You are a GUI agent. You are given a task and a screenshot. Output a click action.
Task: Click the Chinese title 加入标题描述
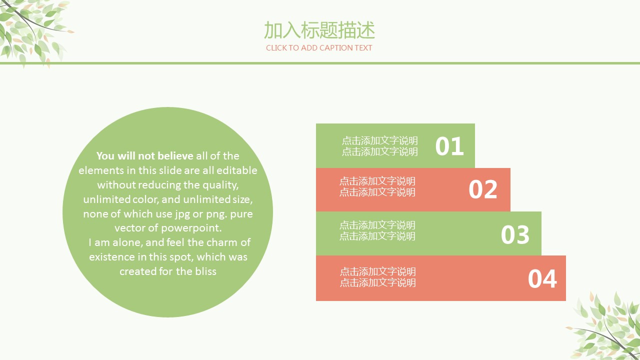coord(319,30)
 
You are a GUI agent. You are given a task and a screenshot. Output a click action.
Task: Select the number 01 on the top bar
coord(449,146)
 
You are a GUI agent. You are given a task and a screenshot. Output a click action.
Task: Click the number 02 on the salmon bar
coord(483,189)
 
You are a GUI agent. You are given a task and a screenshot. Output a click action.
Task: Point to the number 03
coord(515,234)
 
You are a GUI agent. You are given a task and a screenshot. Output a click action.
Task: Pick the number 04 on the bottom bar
coord(542,278)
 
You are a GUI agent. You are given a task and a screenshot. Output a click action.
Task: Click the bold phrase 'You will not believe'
coord(145,155)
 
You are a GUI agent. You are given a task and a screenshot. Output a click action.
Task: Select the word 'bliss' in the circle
coord(205,271)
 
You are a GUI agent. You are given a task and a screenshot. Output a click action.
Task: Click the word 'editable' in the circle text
coord(237,170)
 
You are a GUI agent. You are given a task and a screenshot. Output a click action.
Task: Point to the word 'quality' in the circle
coord(220,185)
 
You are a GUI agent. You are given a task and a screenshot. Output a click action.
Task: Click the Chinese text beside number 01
coord(379,146)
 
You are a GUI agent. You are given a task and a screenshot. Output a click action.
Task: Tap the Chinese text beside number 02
coord(377,186)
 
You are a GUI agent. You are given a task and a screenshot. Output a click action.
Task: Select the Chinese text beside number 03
coord(377,230)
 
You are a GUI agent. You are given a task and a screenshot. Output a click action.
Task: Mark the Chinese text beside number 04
coord(377,277)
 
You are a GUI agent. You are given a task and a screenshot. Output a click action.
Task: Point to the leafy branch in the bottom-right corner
coord(604,325)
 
